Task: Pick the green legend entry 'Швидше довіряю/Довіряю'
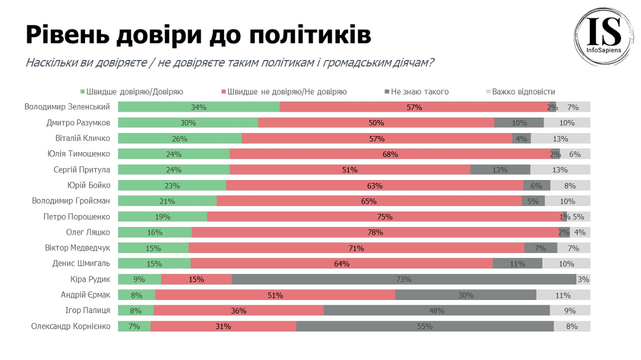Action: point(131,91)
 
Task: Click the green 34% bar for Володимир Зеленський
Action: point(198,107)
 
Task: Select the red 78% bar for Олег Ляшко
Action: point(375,232)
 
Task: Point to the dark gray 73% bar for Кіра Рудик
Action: point(404,279)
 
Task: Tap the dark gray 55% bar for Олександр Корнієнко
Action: point(425,326)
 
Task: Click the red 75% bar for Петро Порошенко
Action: point(384,217)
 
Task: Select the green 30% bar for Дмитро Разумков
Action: point(188,122)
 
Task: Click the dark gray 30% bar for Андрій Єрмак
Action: point(466,295)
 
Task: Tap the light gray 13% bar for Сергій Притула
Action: point(560,170)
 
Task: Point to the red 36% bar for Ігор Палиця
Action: point(239,311)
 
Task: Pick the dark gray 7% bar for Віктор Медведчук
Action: point(541,248)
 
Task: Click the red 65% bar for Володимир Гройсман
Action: point(369,201)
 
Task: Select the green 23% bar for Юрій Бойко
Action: point(172,185)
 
